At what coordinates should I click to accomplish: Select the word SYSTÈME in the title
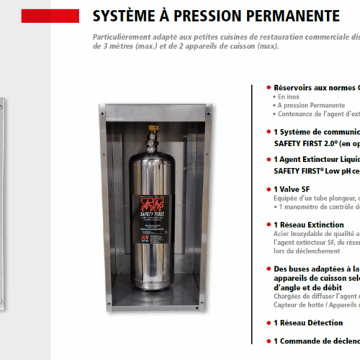126,15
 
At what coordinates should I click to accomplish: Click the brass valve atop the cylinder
153,131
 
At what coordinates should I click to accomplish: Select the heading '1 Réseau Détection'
308,323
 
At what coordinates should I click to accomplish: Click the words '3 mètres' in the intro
119,46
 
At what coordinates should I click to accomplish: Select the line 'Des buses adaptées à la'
317,268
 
